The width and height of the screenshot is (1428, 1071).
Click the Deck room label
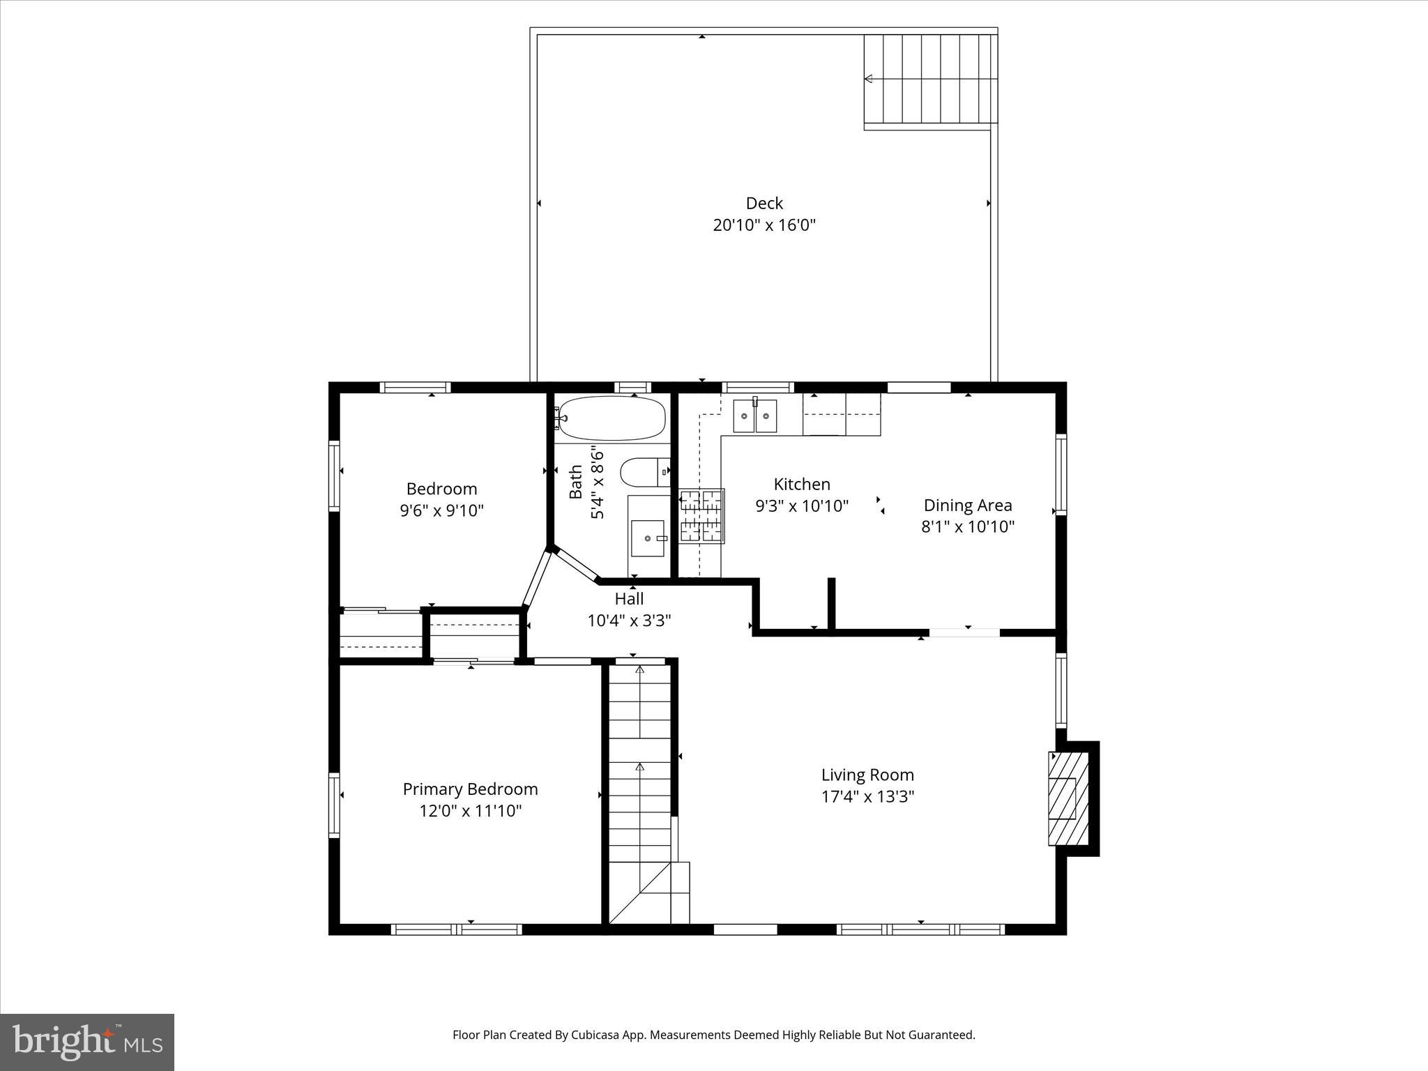[x=764, y=203]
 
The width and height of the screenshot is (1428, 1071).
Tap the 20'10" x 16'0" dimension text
[x=764, y=225]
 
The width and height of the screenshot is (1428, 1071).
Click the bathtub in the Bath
[x=612, y=418]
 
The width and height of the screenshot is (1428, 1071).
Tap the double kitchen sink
[x=754, y=416]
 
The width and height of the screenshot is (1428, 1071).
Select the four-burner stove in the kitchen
[x=701, y=516]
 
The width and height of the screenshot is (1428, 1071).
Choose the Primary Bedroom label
[x=470, y=789]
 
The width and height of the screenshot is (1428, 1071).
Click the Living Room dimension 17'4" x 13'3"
[x=867, y=796]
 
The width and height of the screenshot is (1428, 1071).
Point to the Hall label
[x=629, y=599]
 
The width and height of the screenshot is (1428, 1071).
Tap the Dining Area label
[x=968, y=505]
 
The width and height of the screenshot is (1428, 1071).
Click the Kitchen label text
[x=802, y=484]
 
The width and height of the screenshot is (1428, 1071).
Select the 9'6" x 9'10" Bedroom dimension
[x=441, y=510]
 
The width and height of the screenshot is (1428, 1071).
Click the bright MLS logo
[x=87, y=1041]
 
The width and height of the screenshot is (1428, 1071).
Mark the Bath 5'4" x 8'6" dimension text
[x=598, y=483]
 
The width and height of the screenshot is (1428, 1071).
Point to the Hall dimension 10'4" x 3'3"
[x=629, y=621]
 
